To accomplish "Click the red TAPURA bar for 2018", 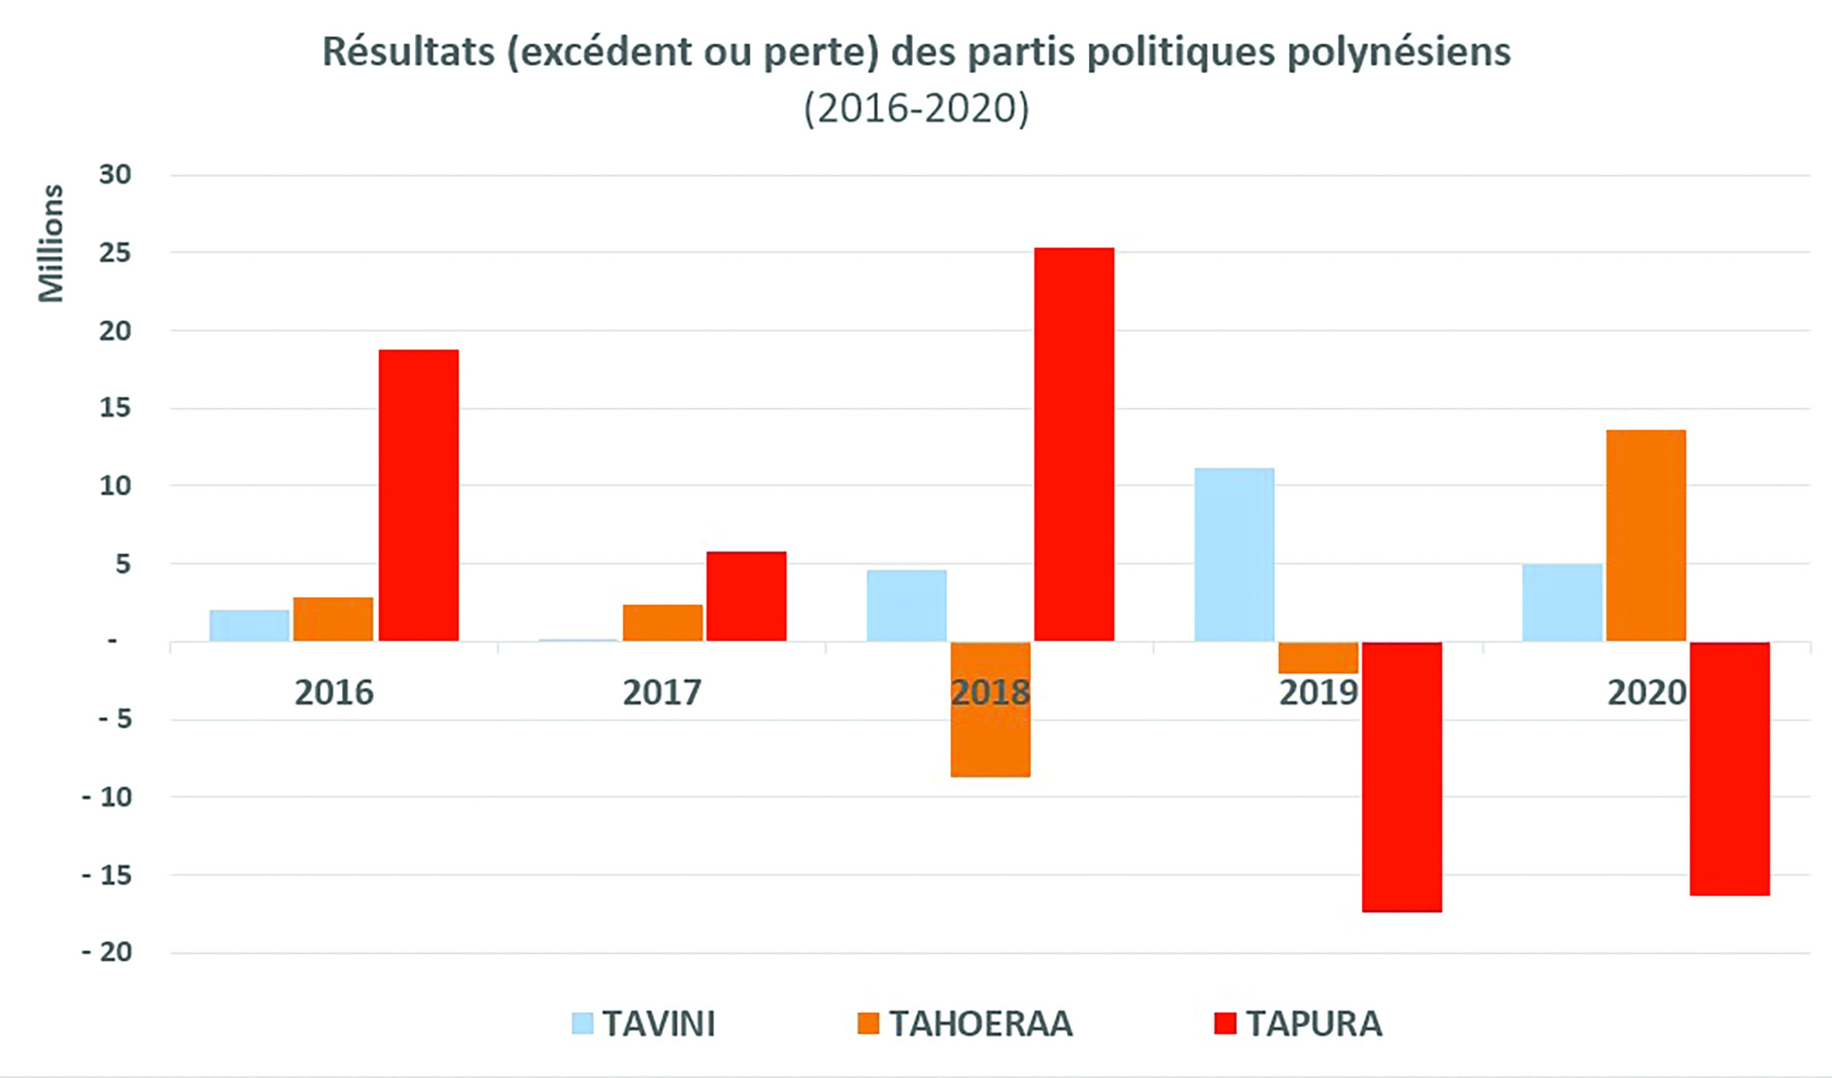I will [x=1074, y=444].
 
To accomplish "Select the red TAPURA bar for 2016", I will [x=419, y=495].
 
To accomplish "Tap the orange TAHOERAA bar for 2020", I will [x=1646, y=535].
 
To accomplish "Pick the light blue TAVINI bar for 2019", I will [x=1234, y=555].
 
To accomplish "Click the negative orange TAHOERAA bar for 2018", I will [x=990, y=709].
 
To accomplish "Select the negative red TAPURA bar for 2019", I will [x=1402, y=776].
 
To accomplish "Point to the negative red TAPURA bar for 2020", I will [x=1730, y=769].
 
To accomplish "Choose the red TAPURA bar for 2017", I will [x=746, y=596].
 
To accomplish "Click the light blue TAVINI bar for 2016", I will [x=249, y=625].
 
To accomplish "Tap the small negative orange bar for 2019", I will [x=1318, y=658].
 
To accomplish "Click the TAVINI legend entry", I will [x=644, y=1024].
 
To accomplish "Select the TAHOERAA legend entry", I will [x=966, y=1024].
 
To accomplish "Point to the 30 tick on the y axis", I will [x=115, y=174].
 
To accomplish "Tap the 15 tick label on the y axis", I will [x=115, y=407].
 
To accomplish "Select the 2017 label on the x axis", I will [x=662, y=692].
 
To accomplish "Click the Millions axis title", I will [x=51, y=243].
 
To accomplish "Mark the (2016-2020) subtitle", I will [x=916, y=108].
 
